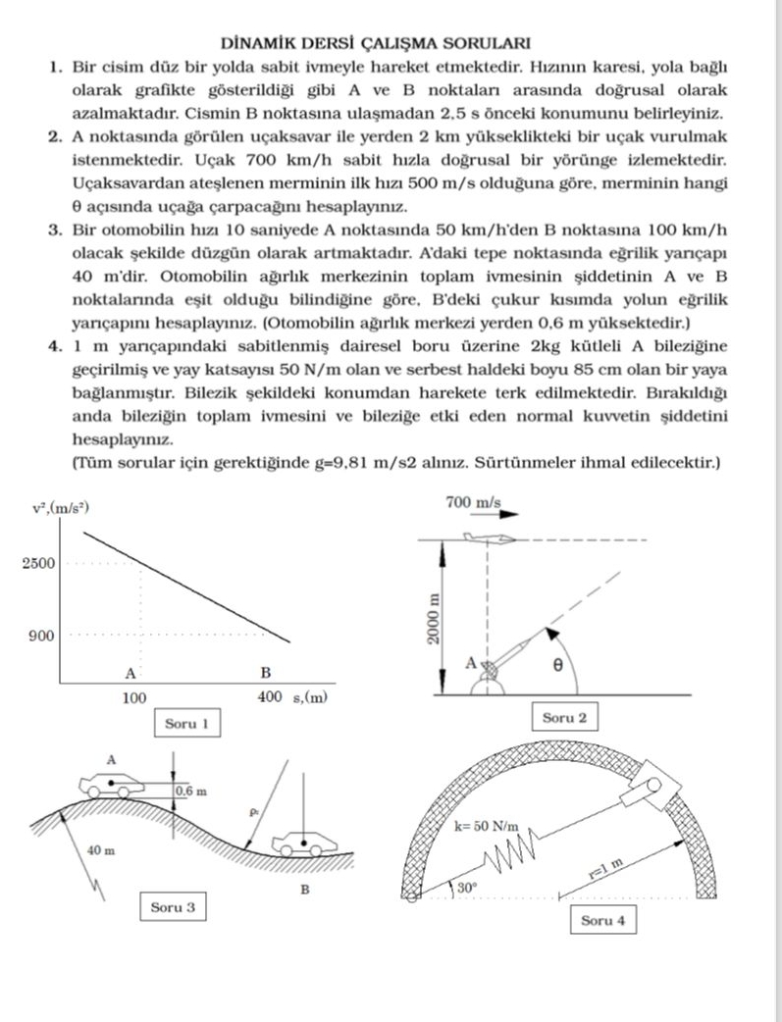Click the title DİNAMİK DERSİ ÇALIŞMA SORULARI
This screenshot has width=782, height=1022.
(391, 43)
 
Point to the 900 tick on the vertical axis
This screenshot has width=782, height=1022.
(41, 637)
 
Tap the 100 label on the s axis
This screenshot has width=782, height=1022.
(134, 698)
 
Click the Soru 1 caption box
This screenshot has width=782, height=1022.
(186, 725)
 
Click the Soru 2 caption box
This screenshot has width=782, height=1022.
(564, 718)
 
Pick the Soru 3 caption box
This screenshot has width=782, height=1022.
(173, 907)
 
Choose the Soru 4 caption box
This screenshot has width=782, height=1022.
(602, 920)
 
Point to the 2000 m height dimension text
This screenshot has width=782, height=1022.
(434, 618)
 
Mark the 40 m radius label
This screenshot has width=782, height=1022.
(100, 849)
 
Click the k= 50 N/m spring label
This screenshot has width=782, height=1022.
(487, 826)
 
